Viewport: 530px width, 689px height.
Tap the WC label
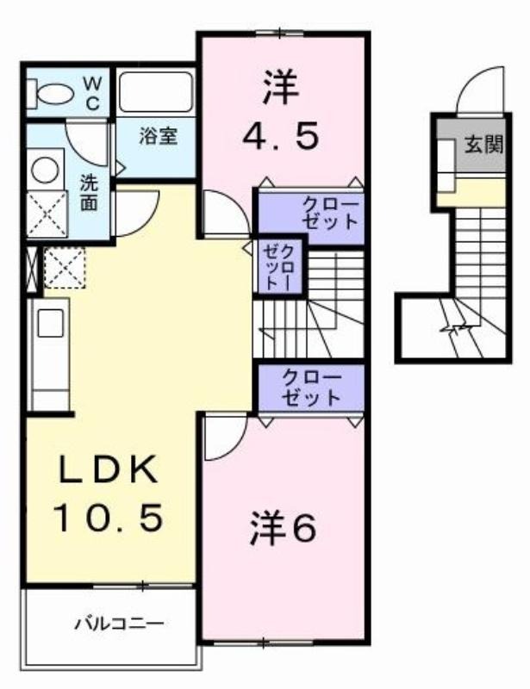pos(92,93)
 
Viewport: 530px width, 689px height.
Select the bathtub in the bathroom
pos(156,92)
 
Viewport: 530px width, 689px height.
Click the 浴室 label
pos(159,136)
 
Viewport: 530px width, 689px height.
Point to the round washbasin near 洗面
pos(45,170)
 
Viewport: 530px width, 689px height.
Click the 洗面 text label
pos(90,193)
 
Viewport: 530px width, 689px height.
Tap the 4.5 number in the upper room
pos(281,136)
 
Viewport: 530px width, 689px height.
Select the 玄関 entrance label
pos(483,144)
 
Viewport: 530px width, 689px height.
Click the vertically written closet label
pos(279,267)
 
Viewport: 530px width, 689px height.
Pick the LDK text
pos(109,469)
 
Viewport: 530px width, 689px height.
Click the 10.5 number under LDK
pos(109,518)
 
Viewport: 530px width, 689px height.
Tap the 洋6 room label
pos(283,528)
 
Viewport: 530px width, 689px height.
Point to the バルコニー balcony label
pos(119,623)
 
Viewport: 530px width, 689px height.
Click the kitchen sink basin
pos(51,323)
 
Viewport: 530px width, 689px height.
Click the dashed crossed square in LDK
pos(65,268)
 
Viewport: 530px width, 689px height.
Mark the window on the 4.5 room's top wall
pos(280,33)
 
